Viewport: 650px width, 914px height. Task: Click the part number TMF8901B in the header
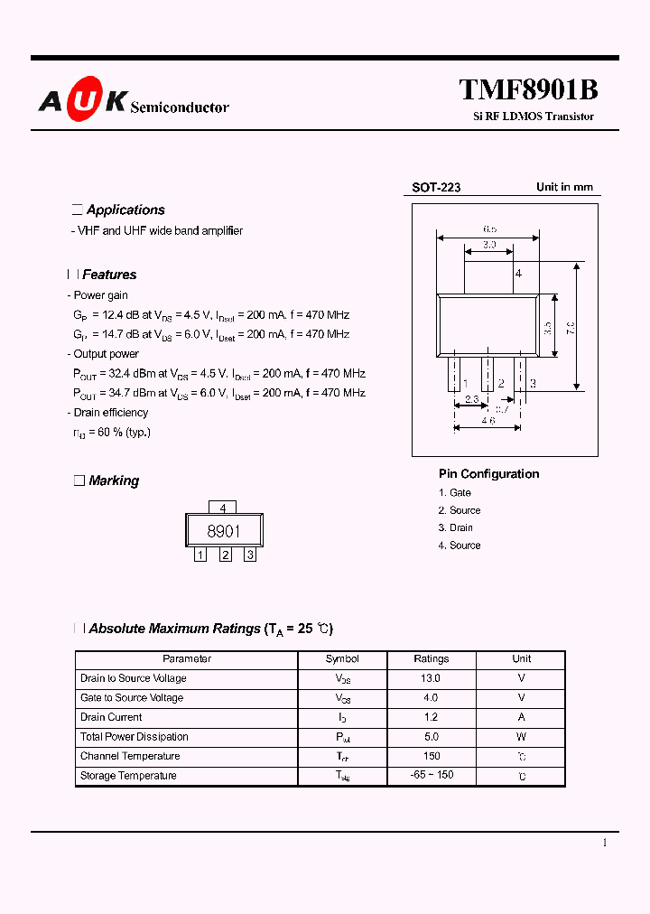(x=528, y=90)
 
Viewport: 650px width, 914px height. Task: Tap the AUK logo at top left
(x=82, y=102)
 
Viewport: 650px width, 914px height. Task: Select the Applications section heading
(x=125, y=210)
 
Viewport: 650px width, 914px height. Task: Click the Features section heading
(x=109, y=275)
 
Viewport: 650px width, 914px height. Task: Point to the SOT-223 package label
(x=436, y=188)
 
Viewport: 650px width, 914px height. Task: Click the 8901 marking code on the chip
(x=224, y=531)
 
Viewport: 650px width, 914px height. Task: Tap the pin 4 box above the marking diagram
(x=222, y=508)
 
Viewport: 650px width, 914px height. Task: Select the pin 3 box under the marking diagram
(x=249, y=555)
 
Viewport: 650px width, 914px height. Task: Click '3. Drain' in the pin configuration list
(x=456, y=527)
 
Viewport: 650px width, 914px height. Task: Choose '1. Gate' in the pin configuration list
(x=455, y=492)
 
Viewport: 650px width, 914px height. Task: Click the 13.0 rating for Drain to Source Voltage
(x=431, y=678)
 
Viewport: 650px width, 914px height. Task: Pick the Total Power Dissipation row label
(x=134, y=737)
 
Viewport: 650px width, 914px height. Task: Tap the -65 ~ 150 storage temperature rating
(x=431, y=776)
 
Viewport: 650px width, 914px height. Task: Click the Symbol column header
(x=342, y=659)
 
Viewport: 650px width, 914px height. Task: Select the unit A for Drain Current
(x=522, y=717)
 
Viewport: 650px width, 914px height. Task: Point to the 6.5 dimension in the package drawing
(x=489, y=230)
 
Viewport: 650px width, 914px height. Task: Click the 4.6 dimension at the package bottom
(x=487, y=421)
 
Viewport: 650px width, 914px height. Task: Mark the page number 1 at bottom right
(x=605, y=843)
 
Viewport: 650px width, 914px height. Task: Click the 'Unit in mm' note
(x=564, y=187)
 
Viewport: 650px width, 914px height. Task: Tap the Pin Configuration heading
(x=488, y=474)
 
